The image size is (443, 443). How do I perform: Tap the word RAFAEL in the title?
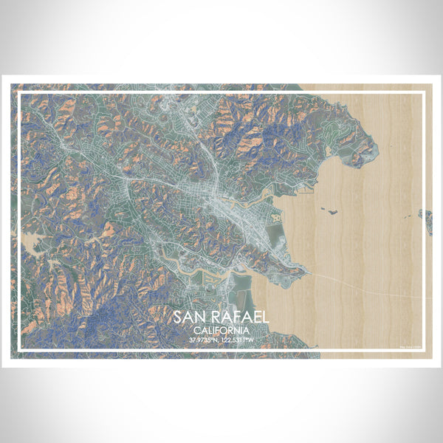coord(236,317)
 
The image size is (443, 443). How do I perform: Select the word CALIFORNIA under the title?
coord(221,330)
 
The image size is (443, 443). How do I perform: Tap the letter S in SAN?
coord(178,317)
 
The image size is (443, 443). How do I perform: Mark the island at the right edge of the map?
coord(426,219)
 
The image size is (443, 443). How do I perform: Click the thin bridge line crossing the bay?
coord(369,285)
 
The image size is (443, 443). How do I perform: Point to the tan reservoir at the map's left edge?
coord(31,240)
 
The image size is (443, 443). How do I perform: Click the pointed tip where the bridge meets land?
coord(304,271)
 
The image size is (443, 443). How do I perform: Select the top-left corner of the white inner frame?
coord(19,93)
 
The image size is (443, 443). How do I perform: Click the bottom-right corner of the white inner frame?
coord(424,349)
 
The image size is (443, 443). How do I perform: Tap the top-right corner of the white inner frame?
coord(424,93)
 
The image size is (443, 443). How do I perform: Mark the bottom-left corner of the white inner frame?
coord(19,349)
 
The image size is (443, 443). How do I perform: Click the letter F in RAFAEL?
coord(234,317)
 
